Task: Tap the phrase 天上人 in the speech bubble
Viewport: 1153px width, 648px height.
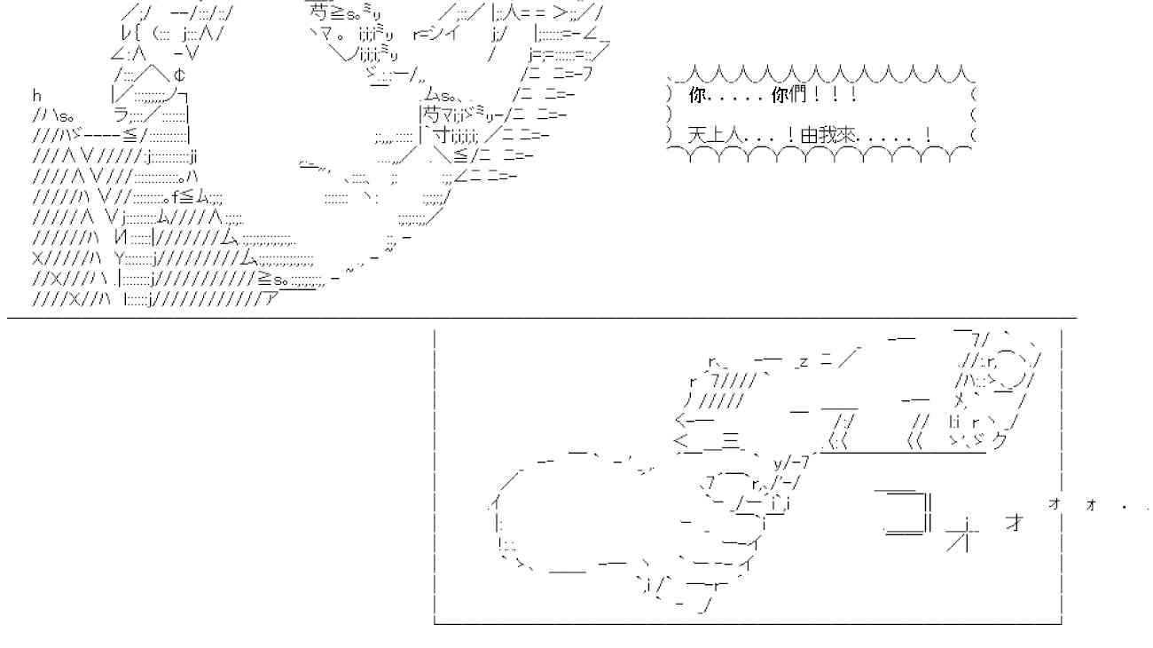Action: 716,136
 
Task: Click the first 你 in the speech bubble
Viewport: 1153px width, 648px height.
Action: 696,95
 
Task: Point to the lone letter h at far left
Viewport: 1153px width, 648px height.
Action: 36,95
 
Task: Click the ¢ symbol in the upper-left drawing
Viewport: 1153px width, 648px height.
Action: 179,75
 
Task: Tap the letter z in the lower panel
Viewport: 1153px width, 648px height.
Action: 804,362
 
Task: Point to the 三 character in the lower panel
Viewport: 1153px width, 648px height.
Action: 730,441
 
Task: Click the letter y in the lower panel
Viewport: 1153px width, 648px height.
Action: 778,463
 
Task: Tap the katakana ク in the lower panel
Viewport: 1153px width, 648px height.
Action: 999,441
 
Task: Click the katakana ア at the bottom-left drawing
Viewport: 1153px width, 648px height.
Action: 270,299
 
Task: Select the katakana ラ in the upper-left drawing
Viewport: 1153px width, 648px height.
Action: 122,115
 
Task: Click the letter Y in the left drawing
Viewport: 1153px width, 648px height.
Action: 119,258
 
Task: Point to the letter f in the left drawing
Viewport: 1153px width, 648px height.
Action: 175,197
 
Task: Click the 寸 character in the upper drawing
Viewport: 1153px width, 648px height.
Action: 442,136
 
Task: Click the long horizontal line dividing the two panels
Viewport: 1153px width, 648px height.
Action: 542,319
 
